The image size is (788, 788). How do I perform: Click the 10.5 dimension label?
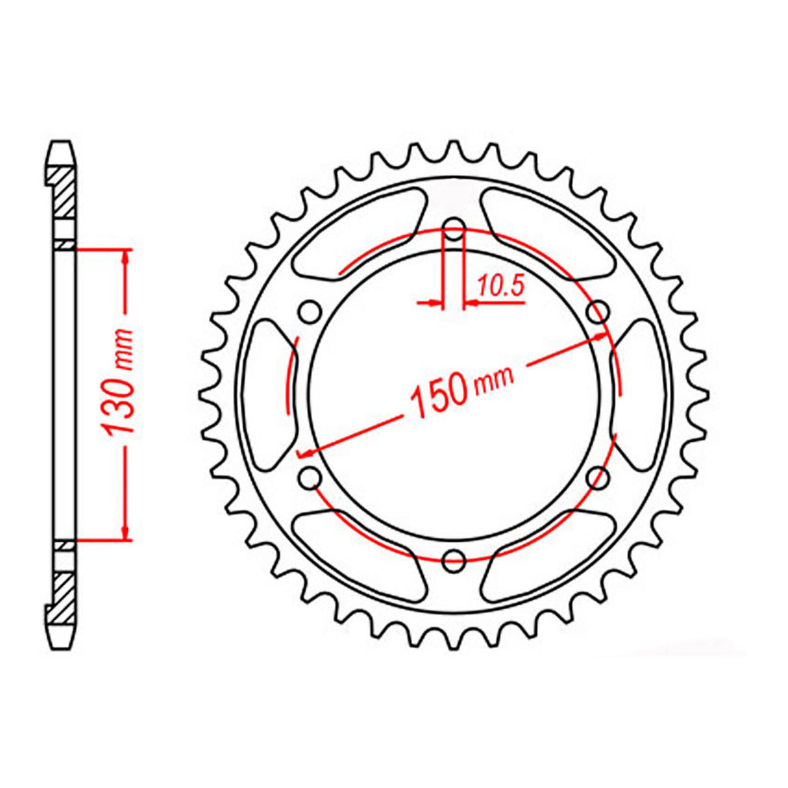[x=500, y=286]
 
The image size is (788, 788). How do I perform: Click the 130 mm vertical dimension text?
[x=119, y=384]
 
